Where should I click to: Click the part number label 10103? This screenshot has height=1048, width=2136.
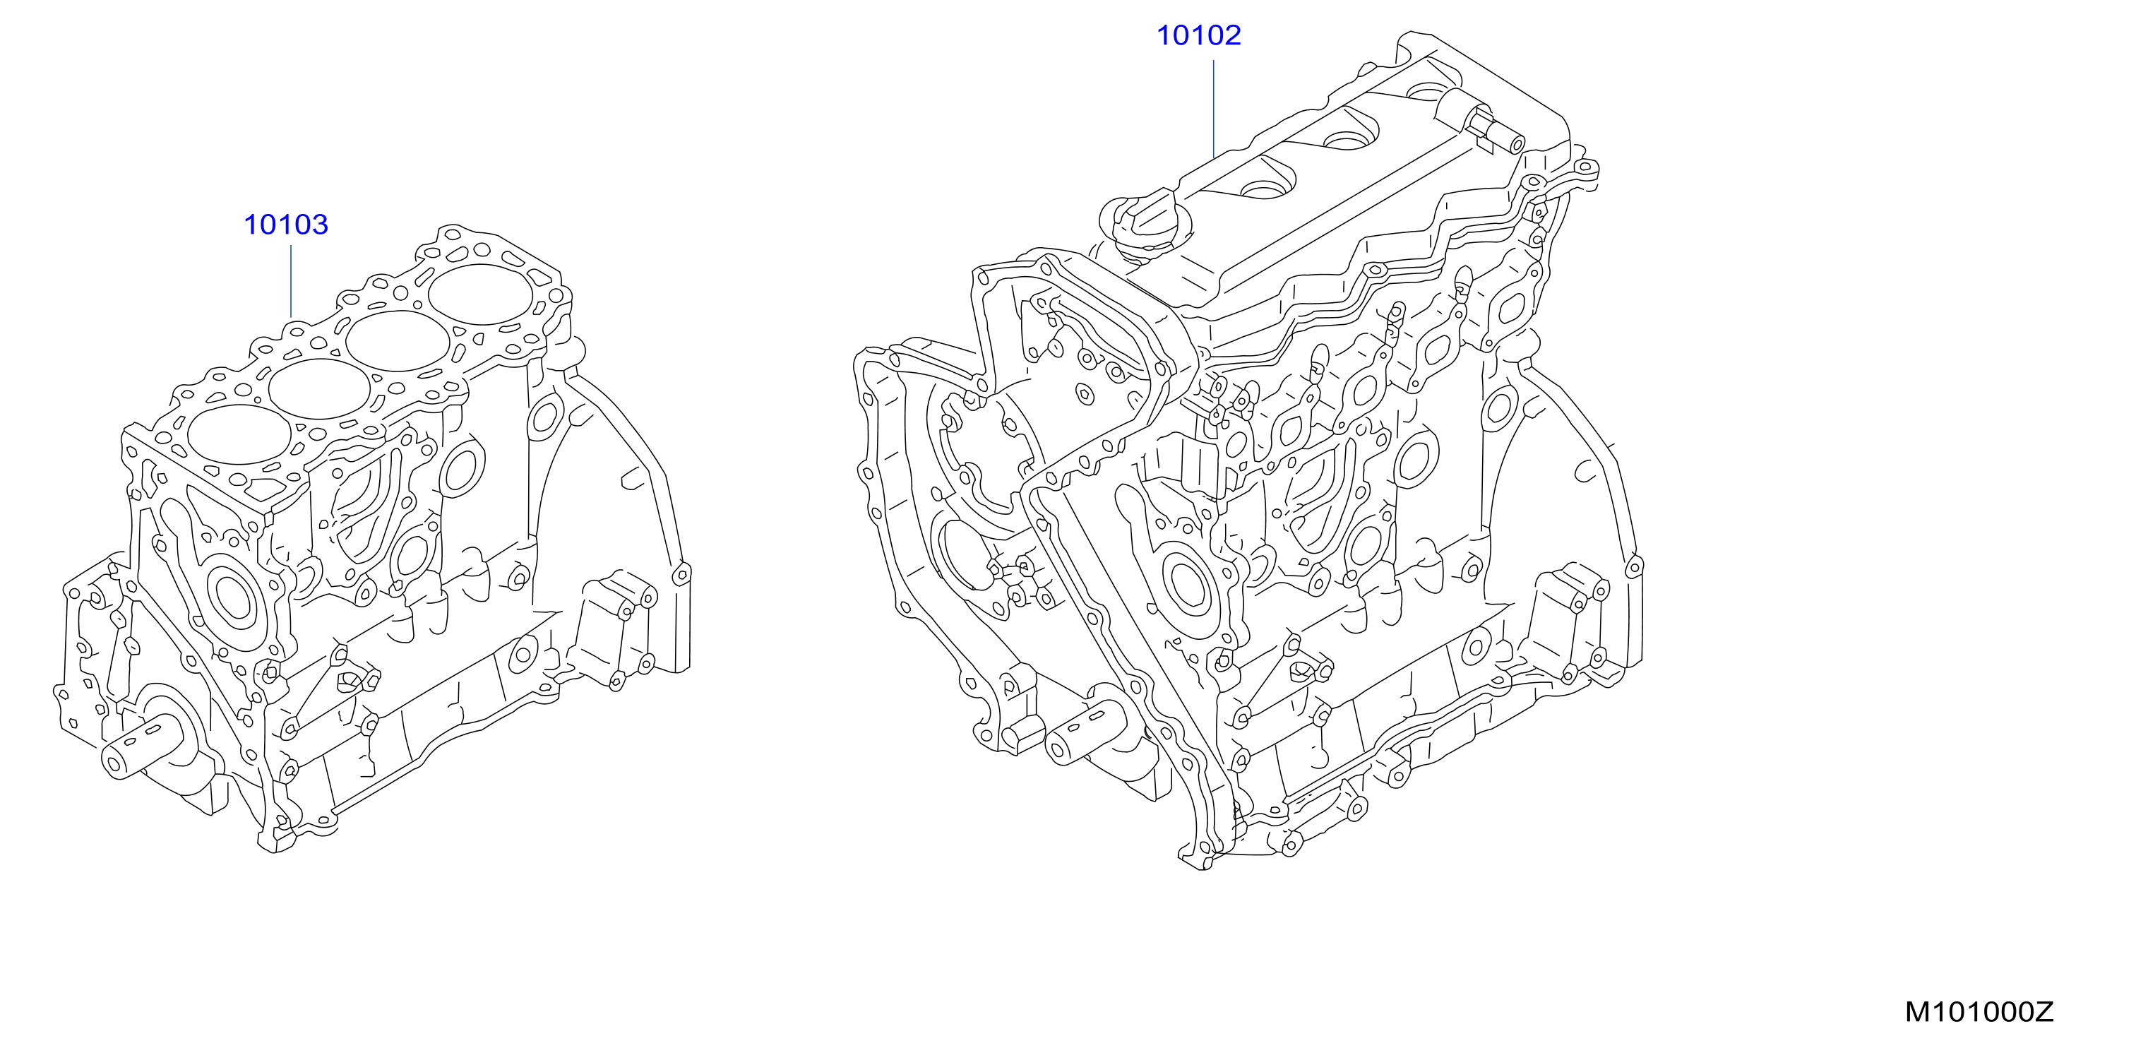point(286,225)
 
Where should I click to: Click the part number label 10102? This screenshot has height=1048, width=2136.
point(1199,35)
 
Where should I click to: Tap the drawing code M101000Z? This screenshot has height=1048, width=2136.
point(1979,1013)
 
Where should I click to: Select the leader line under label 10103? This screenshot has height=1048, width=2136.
point(291,281)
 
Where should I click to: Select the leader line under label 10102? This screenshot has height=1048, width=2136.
point(1213,109)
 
